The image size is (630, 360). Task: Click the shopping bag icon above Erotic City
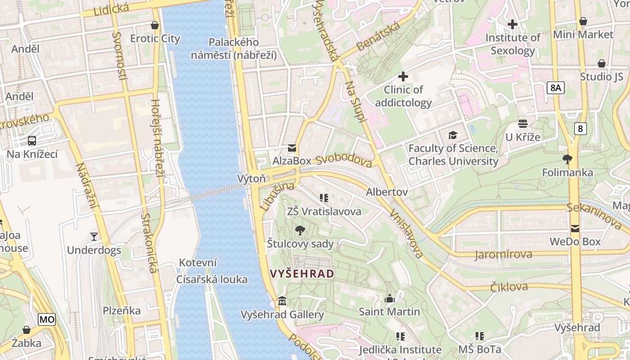[x=155, y=25]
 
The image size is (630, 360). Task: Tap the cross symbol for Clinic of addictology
[x=403, y=76]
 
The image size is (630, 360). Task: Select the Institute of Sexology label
[x=513, y=44]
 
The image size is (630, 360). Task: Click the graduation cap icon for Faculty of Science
[x=453, y=135]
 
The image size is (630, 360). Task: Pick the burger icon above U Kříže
[x=522, y=123]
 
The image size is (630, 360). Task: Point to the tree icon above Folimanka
[x=567, y=159]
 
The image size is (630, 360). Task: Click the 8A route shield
[x=556, y=88]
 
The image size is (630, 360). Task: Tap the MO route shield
[x=47, y=320]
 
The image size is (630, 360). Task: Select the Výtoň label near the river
[x=252, y=179]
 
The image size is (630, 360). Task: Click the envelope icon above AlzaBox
[x=292, y=148]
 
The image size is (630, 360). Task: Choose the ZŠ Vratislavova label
[x=324, y=211]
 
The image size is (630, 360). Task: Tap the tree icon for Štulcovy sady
[x=300, y=231]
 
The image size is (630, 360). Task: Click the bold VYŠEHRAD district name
[x=302, y=274]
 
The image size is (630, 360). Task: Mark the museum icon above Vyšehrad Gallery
[x=282, y=301]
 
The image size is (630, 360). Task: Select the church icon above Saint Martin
[x=390, y=298]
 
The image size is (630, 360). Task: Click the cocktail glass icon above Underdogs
[x=94, y=236]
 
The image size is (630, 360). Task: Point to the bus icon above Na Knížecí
[x=32, y=141]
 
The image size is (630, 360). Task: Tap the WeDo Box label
[x=575, y=242]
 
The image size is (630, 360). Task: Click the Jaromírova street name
[x=503, y=255]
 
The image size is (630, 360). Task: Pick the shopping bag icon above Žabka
[x=27, y=330]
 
